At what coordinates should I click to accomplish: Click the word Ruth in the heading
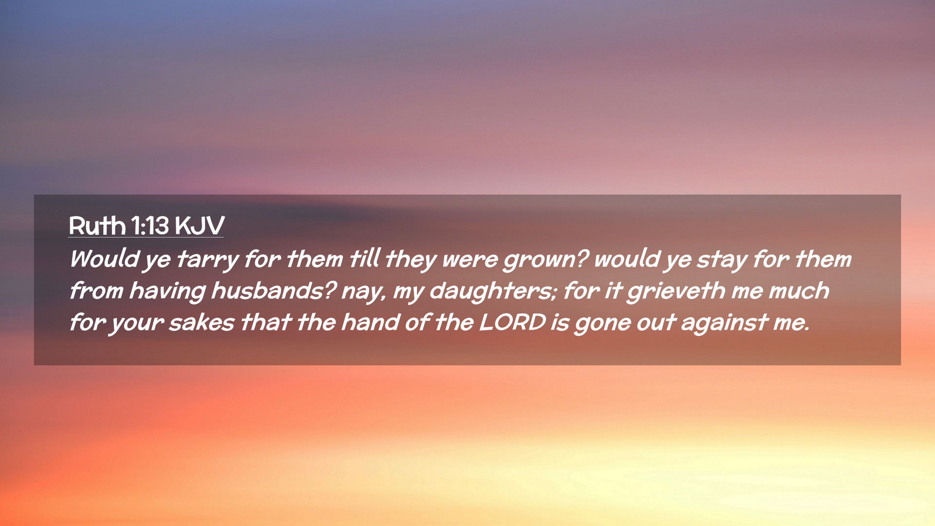tap(97, 225)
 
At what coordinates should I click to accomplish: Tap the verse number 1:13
tap(150, 225)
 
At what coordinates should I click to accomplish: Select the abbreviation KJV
tap(200, 225)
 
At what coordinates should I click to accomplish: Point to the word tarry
tap(207, 259)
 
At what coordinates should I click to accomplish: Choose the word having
tap(168, 291)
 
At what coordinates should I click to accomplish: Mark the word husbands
tap(274, 291)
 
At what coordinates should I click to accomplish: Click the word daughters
tap(493, 291)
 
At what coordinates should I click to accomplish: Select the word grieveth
tap(676, 291)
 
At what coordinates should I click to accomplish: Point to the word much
tap(799, 291)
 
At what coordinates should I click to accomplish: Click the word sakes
tap(202, 323)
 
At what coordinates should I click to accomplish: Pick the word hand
tap(370, 322)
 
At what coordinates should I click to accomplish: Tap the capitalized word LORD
tap(512, 322)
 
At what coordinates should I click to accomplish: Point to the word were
tap(470, 260)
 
